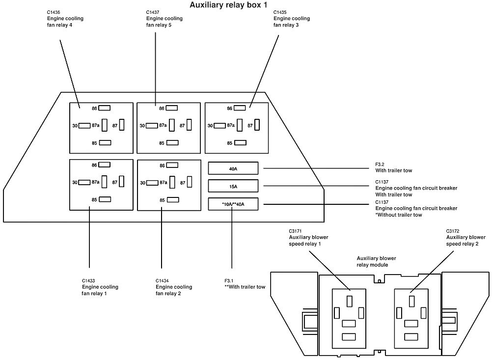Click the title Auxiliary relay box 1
tap(228, 5)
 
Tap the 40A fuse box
tap(233, 168)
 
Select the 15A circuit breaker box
tap(233, 186)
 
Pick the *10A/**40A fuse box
tap(233, 204)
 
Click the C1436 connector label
tap(54, 12)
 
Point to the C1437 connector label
tap(153, 12)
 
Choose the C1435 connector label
tap(280, 12)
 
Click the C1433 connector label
tap(88, 280)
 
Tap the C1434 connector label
tap(162, 280)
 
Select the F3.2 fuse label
tap(380, 164)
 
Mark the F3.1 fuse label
tap(229, 280)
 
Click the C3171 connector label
tap(295, 231)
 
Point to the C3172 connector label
tap(453, 231)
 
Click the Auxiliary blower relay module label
tap(376, 261)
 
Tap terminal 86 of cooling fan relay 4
tap(105, 108)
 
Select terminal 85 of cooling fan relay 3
tap(240, 143)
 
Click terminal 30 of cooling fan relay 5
tap(152, 126)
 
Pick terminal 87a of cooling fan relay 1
tap(105, 182)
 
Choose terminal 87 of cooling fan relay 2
tap(190, 182)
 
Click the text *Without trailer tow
tap(399, 215)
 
